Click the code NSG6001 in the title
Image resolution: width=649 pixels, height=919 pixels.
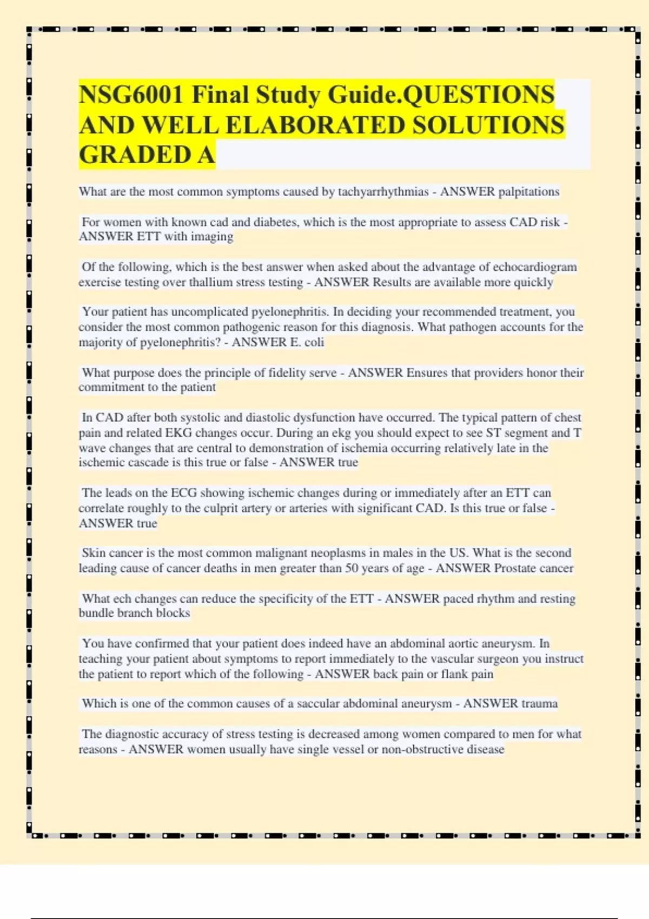click(131, 95)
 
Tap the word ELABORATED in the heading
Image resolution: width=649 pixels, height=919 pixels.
click(315, 125)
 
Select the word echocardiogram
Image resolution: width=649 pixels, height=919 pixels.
click(534, 267)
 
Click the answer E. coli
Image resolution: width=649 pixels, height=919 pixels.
click(307, 342)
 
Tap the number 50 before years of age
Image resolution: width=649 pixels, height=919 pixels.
click(352, 568)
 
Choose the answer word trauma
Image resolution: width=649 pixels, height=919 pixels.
click(537, 704)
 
